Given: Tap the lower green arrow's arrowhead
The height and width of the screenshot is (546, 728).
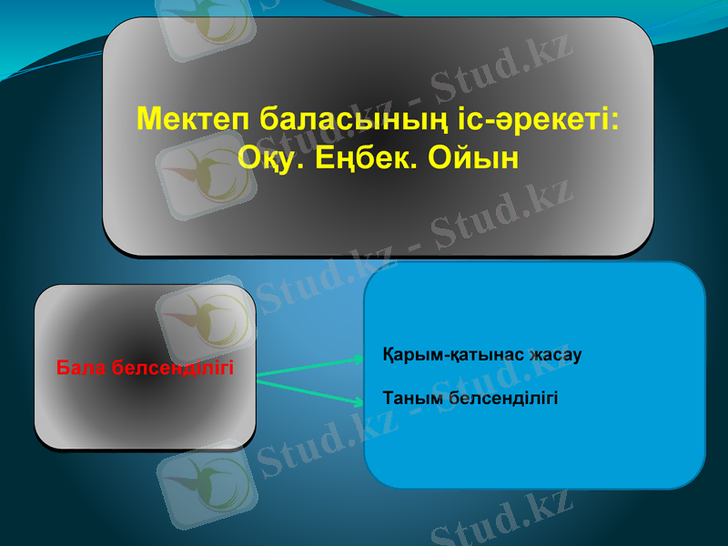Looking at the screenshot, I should tap(358, 399).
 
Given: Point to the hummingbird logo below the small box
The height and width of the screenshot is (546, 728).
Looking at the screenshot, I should tap(201, 482).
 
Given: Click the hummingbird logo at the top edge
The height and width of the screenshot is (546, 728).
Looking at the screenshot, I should tap(205, 23).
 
